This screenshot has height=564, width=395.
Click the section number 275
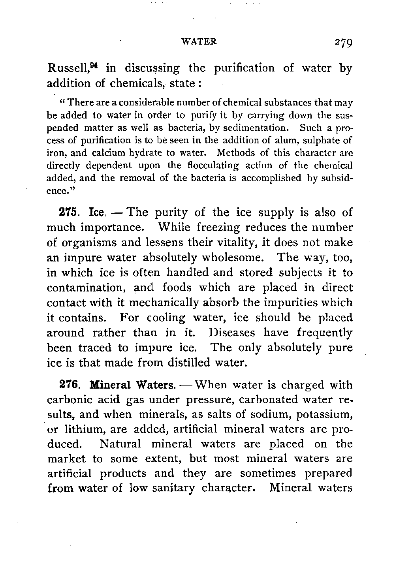point(68,212)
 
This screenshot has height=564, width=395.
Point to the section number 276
point(68,384)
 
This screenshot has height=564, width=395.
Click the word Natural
point(120,444)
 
